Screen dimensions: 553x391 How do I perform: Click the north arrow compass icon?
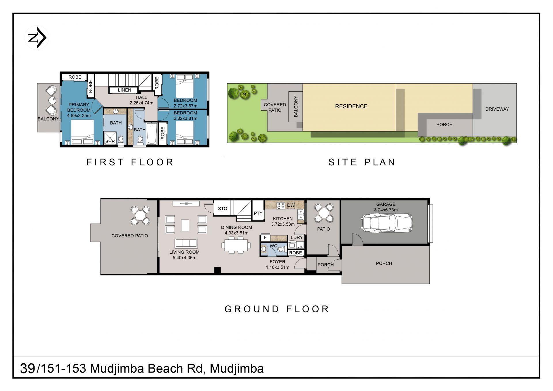pyautogui.click(x=37, y=38)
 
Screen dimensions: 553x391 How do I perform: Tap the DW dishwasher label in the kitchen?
pyautogui.click(x=291, y=205)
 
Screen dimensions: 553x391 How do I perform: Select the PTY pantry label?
pyautogui.click(x=258, y=213)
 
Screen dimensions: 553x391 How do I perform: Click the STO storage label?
pyautogui.click(x=223, y=208)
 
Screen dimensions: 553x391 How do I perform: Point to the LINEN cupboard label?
pyautogui.click(x=124, y=90)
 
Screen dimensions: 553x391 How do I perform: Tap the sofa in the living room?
pyautogui.click(x=186, y=244)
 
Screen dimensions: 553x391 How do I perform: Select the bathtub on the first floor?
pyautogui.click(x=152, y=133)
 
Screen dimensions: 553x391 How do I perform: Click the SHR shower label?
pyautogui.click(x=110, y=141)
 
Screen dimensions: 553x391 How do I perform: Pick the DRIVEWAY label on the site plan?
pyautogui.click(x=497, y=109)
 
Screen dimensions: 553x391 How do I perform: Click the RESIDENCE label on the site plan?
pyautogui.click(x=351, y=106)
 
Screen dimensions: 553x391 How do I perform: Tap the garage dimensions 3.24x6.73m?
pyautogui.click(x=386, y=210)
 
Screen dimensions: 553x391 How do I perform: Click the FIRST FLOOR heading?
pyautogui.click(x=130, y=162)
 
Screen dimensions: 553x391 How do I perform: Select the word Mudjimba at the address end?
pyautogui.click(x=237, y=369)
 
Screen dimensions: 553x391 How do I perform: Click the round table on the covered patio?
pyautogui.click(x=140, y=215)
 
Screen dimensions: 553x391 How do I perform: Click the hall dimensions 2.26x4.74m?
pyautogui.click(x=141, y=103)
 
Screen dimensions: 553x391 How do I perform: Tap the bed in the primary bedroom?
pyautogui.click(x=82, y=132)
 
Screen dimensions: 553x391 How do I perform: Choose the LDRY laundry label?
pyautogui.click(x=297, y=237)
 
